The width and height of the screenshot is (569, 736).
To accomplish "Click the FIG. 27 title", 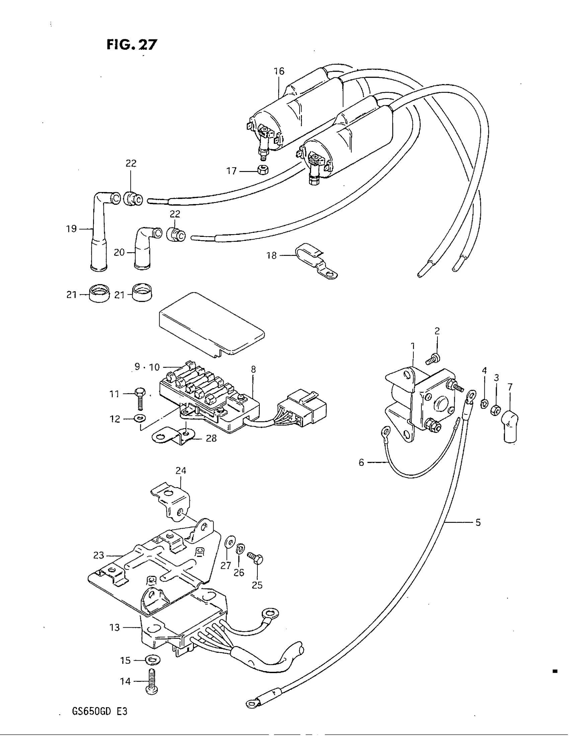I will coord(132,44).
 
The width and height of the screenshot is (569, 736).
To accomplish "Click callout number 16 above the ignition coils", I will coord(279,71).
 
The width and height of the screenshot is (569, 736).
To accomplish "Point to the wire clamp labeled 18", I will coord(316,262).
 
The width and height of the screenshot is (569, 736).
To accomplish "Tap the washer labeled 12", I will coord(138,419).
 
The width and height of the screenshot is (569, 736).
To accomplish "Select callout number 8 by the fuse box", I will coord(253,369).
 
